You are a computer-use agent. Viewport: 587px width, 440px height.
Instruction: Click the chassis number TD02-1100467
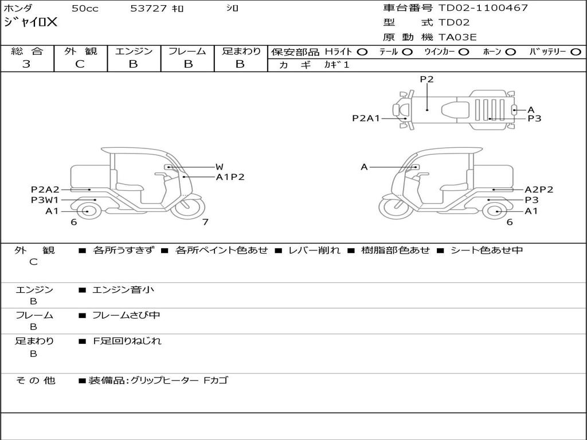pos(483,8)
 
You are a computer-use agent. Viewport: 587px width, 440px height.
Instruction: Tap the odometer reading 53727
pos(148,9)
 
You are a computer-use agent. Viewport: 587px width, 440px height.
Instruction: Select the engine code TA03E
pos(457,38)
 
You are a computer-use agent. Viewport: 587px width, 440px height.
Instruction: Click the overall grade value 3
pos(26,64)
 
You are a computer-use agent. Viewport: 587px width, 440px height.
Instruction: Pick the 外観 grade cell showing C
pos(80,64)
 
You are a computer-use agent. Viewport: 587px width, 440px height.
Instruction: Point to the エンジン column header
pos(134,51)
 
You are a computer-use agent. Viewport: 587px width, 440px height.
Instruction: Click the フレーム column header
pos(187,51)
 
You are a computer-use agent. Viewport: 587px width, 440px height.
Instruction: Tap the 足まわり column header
pos(241,51)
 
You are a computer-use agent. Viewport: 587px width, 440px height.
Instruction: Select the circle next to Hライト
pos(362,52)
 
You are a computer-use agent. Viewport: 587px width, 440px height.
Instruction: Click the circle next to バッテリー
pos(576,52)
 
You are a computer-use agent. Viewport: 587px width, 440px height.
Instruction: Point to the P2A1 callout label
pos(366,119)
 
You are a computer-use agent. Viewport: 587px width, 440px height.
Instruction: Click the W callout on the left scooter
pos(219,167)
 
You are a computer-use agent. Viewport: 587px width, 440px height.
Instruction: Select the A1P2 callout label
pos(230,177)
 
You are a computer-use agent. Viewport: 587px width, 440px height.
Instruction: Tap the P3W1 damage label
pos(45,200)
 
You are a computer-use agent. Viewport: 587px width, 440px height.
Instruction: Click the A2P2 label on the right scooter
pos(539,190)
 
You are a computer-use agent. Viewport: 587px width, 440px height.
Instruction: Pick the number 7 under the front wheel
pos(205,222)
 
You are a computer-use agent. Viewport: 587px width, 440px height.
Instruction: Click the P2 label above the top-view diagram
pos(426,80)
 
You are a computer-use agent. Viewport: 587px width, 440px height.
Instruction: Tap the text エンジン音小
pos(123,290)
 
